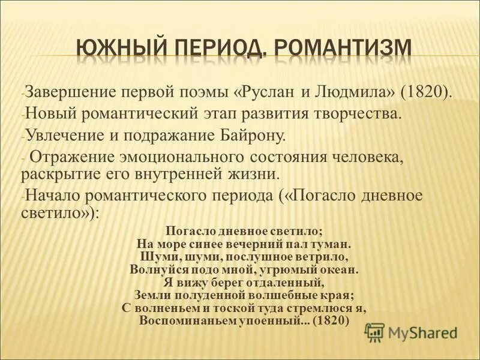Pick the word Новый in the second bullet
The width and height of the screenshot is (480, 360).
[46, 114]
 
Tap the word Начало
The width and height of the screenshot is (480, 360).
[50, 196]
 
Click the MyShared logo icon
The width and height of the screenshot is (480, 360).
[375, 332]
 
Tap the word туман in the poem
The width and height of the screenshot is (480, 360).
[330, 244]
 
